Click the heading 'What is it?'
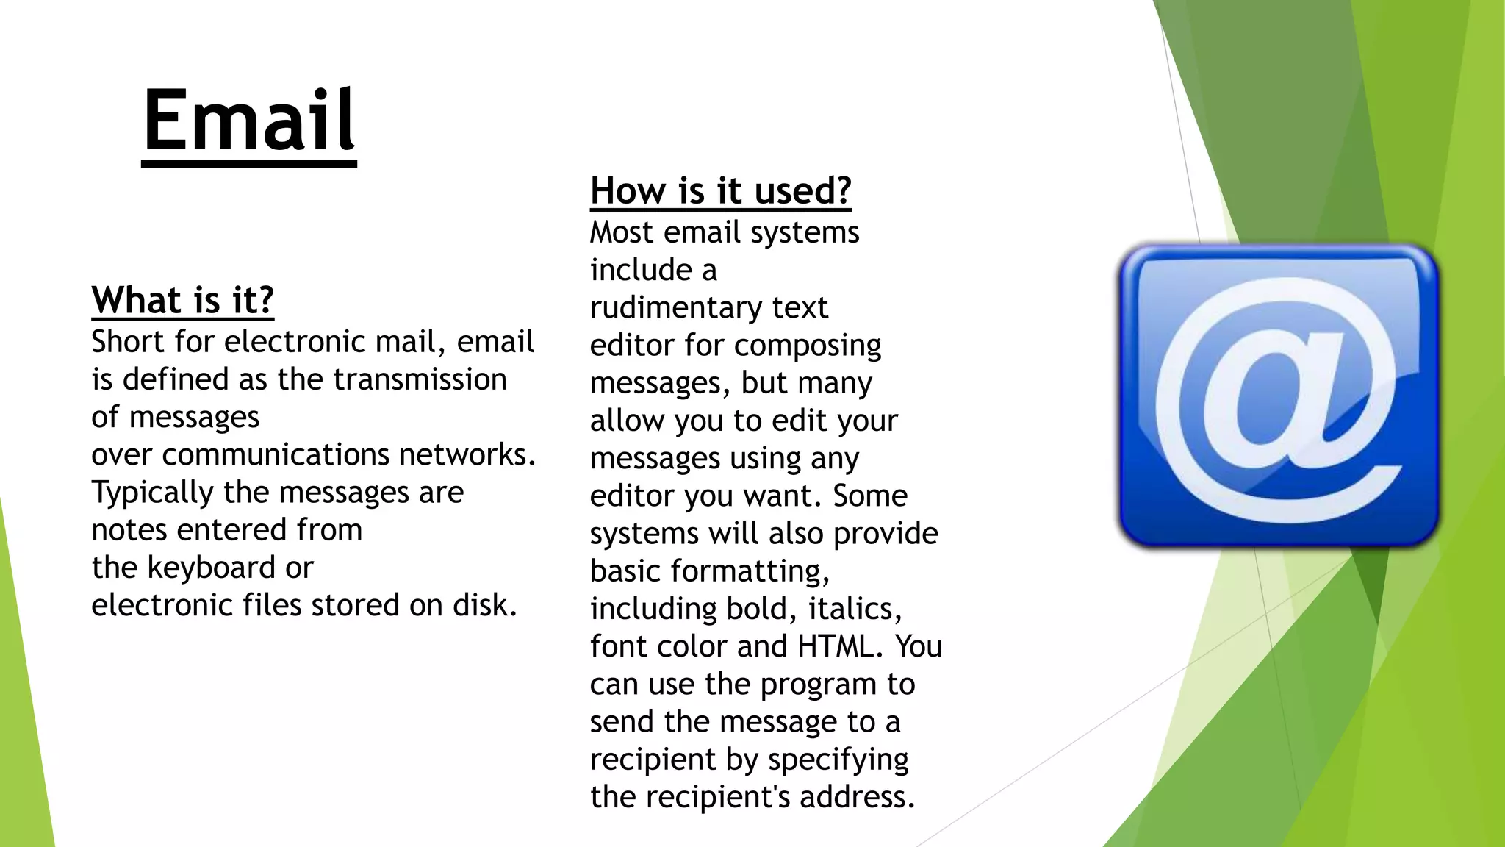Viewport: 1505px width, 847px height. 182,301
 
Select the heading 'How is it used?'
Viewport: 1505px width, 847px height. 720,191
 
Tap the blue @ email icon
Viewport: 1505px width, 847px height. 1278,396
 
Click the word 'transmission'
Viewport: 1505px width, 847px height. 420,379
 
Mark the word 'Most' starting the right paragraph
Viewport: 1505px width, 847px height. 621,232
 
